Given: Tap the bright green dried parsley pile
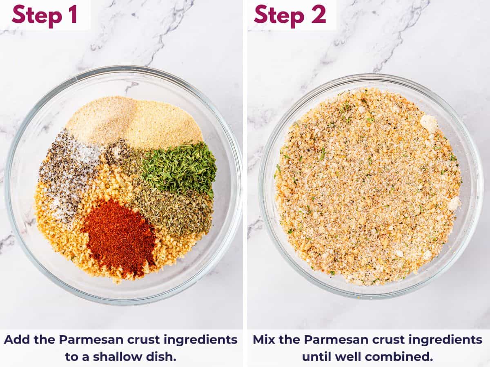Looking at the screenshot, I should pos(180,168).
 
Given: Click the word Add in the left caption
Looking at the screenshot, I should pos(16,339).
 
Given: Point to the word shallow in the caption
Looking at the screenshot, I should pos(115,356).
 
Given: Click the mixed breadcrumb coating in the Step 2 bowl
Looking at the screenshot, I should pos(367,188).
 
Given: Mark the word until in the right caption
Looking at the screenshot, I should pos(318,356).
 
